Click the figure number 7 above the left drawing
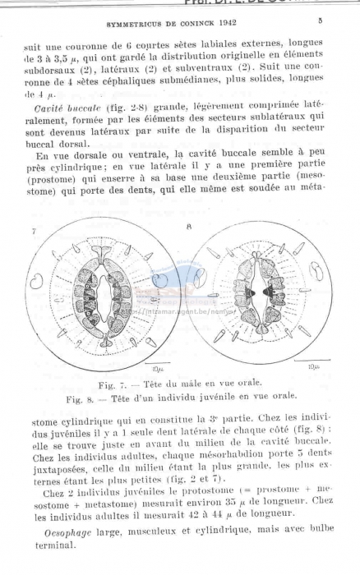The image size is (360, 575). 34,233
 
